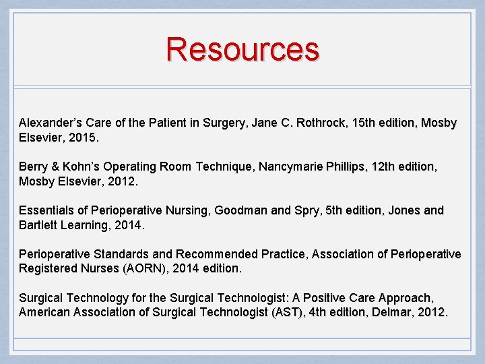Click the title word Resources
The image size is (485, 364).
[243, 49]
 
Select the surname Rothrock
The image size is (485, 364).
[321, 123]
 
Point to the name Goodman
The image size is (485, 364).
[240, 210]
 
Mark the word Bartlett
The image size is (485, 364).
[38, 225]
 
